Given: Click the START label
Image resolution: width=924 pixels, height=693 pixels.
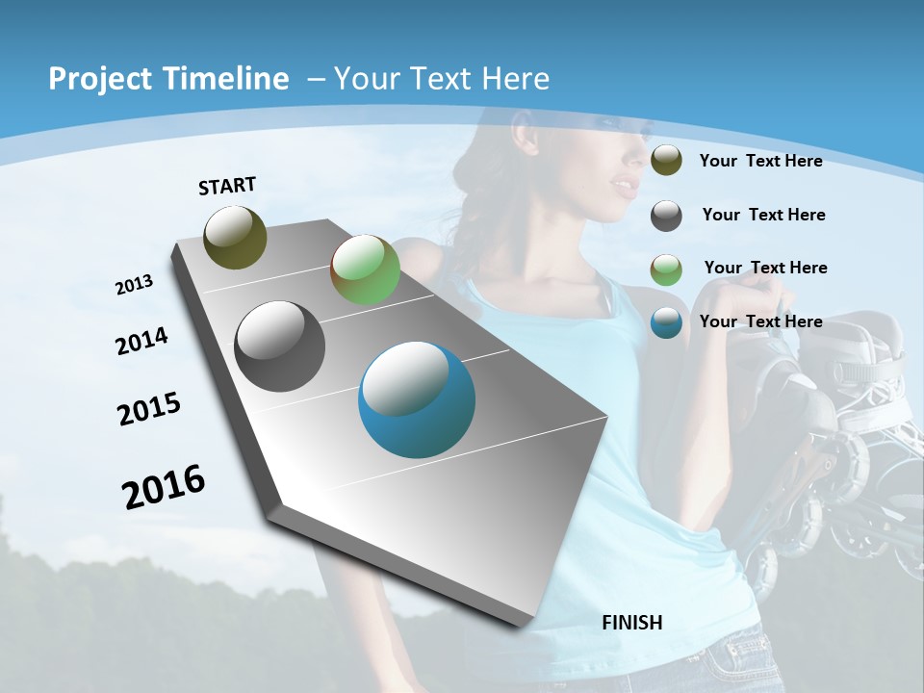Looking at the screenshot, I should [x=227, y=186].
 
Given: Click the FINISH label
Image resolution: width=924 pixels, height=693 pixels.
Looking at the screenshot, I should [x=632, y=623].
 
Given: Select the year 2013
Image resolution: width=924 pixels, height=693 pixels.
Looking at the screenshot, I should [x=135, y=285].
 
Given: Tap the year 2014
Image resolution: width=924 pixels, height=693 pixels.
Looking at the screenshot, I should [x=142, y=342].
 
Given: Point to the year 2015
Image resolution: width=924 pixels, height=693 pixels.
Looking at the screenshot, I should [x=149, y=409].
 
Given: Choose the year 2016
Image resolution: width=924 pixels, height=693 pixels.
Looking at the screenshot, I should [x=164, y=486].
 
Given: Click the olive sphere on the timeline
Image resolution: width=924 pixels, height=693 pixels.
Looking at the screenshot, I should [x=235, y=237].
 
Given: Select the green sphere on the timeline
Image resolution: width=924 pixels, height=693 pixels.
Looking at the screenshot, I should [x=365, y=269].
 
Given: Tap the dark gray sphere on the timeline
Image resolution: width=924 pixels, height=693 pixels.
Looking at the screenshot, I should [x=280, y=346].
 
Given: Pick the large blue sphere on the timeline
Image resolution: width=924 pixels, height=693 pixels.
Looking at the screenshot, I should [x=417, y=398].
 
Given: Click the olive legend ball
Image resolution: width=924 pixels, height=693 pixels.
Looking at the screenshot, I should [x=666, y=161].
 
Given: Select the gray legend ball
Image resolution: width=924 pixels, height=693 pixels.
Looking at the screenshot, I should [x=666, y=215].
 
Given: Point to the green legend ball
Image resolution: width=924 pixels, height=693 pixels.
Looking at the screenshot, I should [x=666, y=269].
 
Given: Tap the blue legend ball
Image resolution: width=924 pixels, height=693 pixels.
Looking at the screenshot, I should [x=666, y=322].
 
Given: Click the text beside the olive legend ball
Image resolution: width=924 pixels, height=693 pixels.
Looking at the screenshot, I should [x=760, y=161].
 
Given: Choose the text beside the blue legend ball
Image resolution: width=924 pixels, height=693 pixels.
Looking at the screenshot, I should [x=760, y=321].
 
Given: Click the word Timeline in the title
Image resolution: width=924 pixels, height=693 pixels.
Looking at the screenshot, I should [x=227, y=79].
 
